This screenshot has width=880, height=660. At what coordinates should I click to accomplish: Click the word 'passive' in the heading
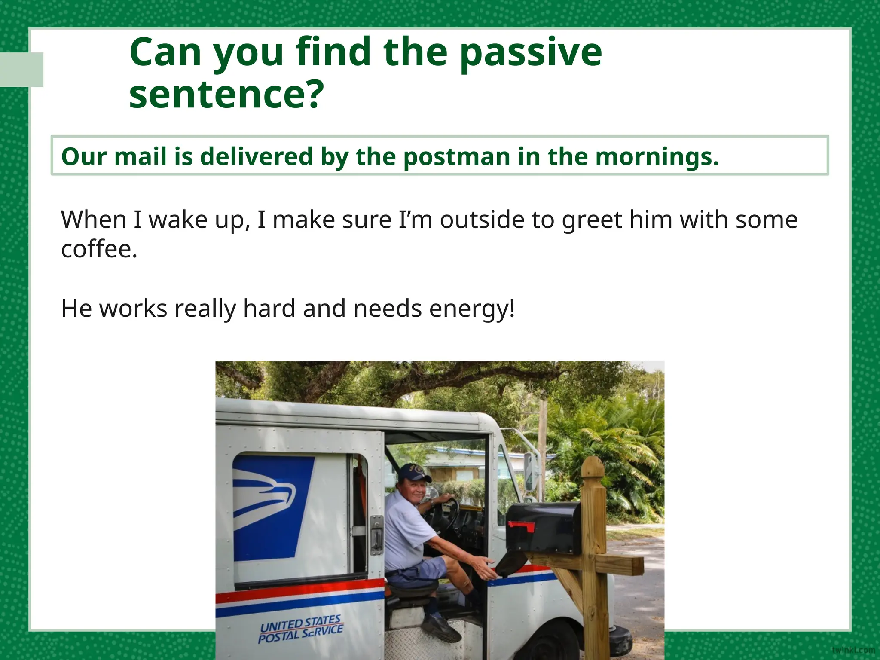tap(531, 53)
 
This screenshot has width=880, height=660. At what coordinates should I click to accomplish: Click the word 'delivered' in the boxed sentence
tap(256, 156)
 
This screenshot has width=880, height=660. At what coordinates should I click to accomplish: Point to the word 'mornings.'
tap(657, 157)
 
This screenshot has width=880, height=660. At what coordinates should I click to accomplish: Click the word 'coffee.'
tap(99, 249)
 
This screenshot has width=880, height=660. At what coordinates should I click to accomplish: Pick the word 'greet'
tap(592, 220)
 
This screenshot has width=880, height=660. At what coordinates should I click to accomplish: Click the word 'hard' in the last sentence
tap(269, 309)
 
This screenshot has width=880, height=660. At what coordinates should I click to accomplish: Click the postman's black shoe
tap(443, 628)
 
